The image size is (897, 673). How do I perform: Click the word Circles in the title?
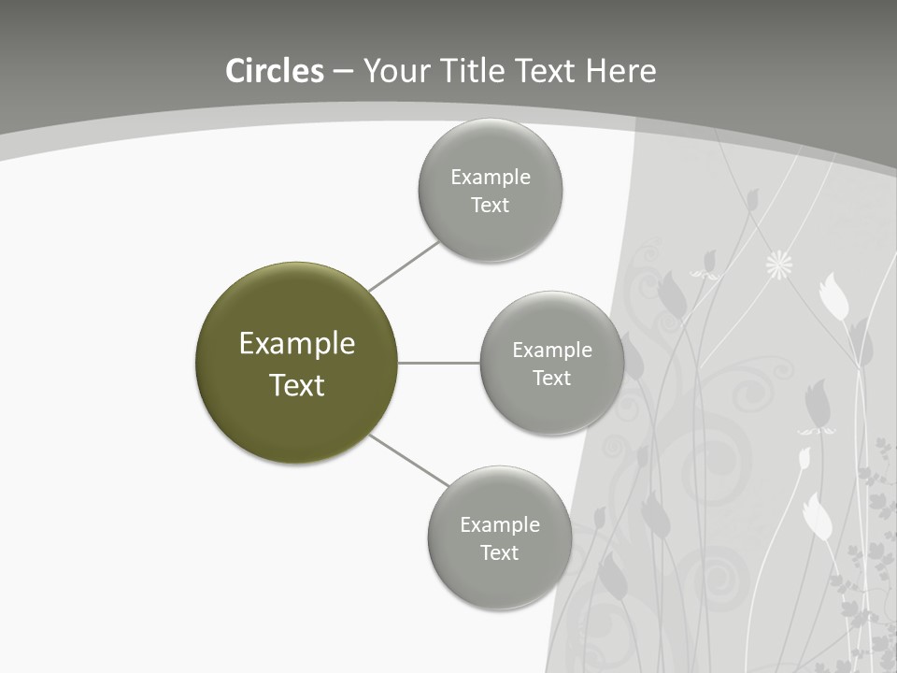click(275, 71)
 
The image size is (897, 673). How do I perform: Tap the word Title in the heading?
click(477, 71)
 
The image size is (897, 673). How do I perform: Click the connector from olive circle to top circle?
click(404, 266)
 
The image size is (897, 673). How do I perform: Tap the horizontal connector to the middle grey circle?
click(439, 363)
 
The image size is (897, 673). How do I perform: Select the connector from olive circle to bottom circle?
click(409, 461)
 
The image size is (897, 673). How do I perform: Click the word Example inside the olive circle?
click(297, 344)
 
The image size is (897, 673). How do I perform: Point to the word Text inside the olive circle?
click(297, 385)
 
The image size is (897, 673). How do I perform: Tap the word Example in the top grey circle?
click(491, 178)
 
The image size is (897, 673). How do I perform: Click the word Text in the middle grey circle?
click(551, 379)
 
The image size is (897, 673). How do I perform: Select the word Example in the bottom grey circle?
click(500, 525)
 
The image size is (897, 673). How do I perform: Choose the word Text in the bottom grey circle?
click(499, 553)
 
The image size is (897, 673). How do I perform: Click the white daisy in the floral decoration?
click(778, 265)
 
